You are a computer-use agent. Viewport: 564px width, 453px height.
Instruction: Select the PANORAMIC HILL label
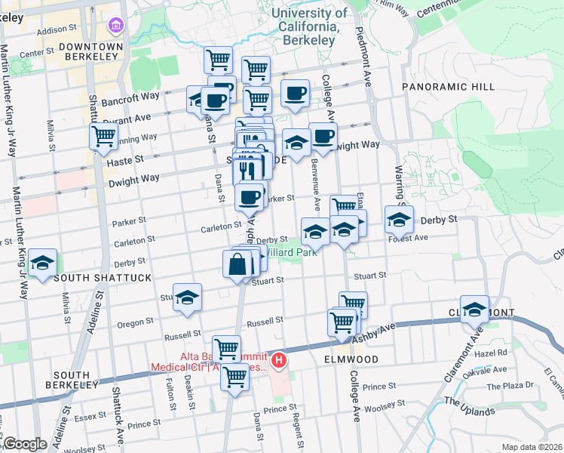[x=449, y=87]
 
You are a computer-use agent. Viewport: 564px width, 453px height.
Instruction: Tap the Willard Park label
[x=290, y=253]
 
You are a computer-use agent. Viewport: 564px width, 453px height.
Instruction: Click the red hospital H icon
[x=279, y=361]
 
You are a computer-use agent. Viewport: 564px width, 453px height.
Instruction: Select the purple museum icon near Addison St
[x=116, y=28]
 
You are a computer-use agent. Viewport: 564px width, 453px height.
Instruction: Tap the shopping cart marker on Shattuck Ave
[x=104, y=137]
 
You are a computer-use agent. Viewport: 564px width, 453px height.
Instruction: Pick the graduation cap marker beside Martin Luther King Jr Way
[x=44, y=262]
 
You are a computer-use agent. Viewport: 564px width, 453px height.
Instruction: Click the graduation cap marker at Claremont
[x=475, y=309]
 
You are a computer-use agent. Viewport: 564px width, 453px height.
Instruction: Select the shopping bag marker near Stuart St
[x=238, y=264]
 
